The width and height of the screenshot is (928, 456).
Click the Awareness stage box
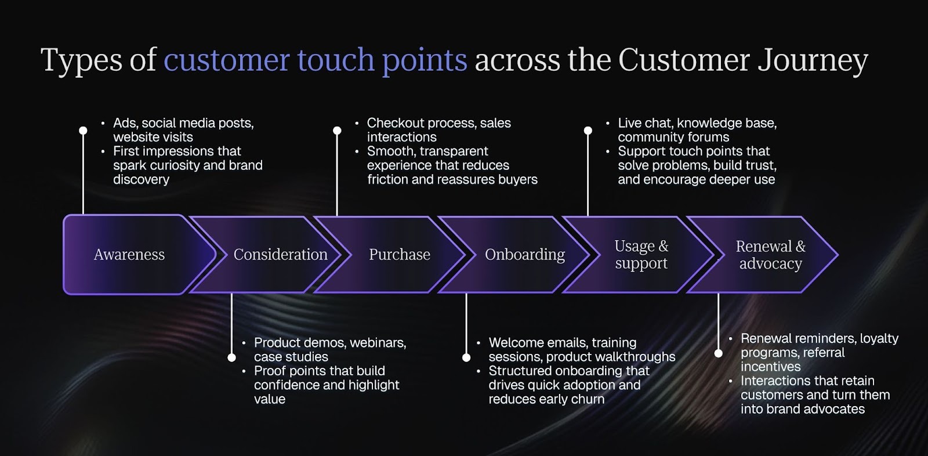pyautogui.click(x=129, y=254)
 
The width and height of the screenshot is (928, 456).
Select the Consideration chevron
pyautogui.click(x=280, y=254)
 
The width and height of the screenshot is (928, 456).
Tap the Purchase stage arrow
pyautogui.click(x=400, y=254)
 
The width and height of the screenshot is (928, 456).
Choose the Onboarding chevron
pyautogui.click(x=524, y=254)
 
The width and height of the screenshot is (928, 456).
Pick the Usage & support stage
pyautogui.click(x=641, y=254)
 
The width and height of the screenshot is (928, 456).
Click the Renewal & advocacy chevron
pyautogui.click(x=770, y=254)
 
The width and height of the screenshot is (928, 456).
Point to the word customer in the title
pyautogui.click(x=227, y=60)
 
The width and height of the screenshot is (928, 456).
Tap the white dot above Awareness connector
pyautogui.click(x=83, y=131)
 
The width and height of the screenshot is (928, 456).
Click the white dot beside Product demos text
pyautogui.click(x=232, y=358)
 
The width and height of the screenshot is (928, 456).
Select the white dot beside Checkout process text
pyautogui.click(x=337, y=131)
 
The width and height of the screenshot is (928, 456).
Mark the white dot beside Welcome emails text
pyautogui.click(x=466, y=358)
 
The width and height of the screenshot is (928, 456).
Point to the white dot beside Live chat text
pyautogui.click(x=588, y=131)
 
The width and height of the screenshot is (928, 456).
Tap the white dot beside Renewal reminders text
pyautogui.click(x=719, y=353)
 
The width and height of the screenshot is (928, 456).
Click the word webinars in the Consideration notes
pyautogui.click(x=380, y=343)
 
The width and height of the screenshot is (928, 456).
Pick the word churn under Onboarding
pyautogui.click(x=587, y=399)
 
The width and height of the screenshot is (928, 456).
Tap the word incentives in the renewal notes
pyautogui.click(x=770, y=367)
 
